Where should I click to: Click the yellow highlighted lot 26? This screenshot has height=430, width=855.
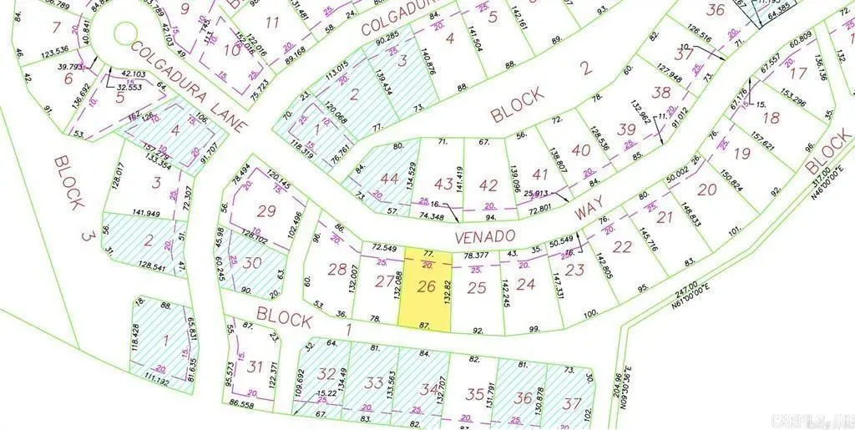click(427, 289)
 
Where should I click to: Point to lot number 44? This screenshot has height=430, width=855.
click(390, 179)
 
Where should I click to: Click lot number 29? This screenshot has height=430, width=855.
click(266, 211)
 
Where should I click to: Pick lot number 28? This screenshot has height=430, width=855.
click(336, 269)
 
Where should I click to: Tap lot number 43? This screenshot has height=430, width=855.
click(444, 184)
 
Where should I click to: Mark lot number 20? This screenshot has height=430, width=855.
click(706, 190)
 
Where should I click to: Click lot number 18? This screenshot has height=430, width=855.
click(771, 118)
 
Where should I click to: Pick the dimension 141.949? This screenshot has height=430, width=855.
click(145, 190)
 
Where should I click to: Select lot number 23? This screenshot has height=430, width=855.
click(574, 269)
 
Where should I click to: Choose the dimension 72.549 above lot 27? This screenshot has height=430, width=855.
click(382, 249)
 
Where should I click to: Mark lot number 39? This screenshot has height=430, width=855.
click(626, 129)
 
